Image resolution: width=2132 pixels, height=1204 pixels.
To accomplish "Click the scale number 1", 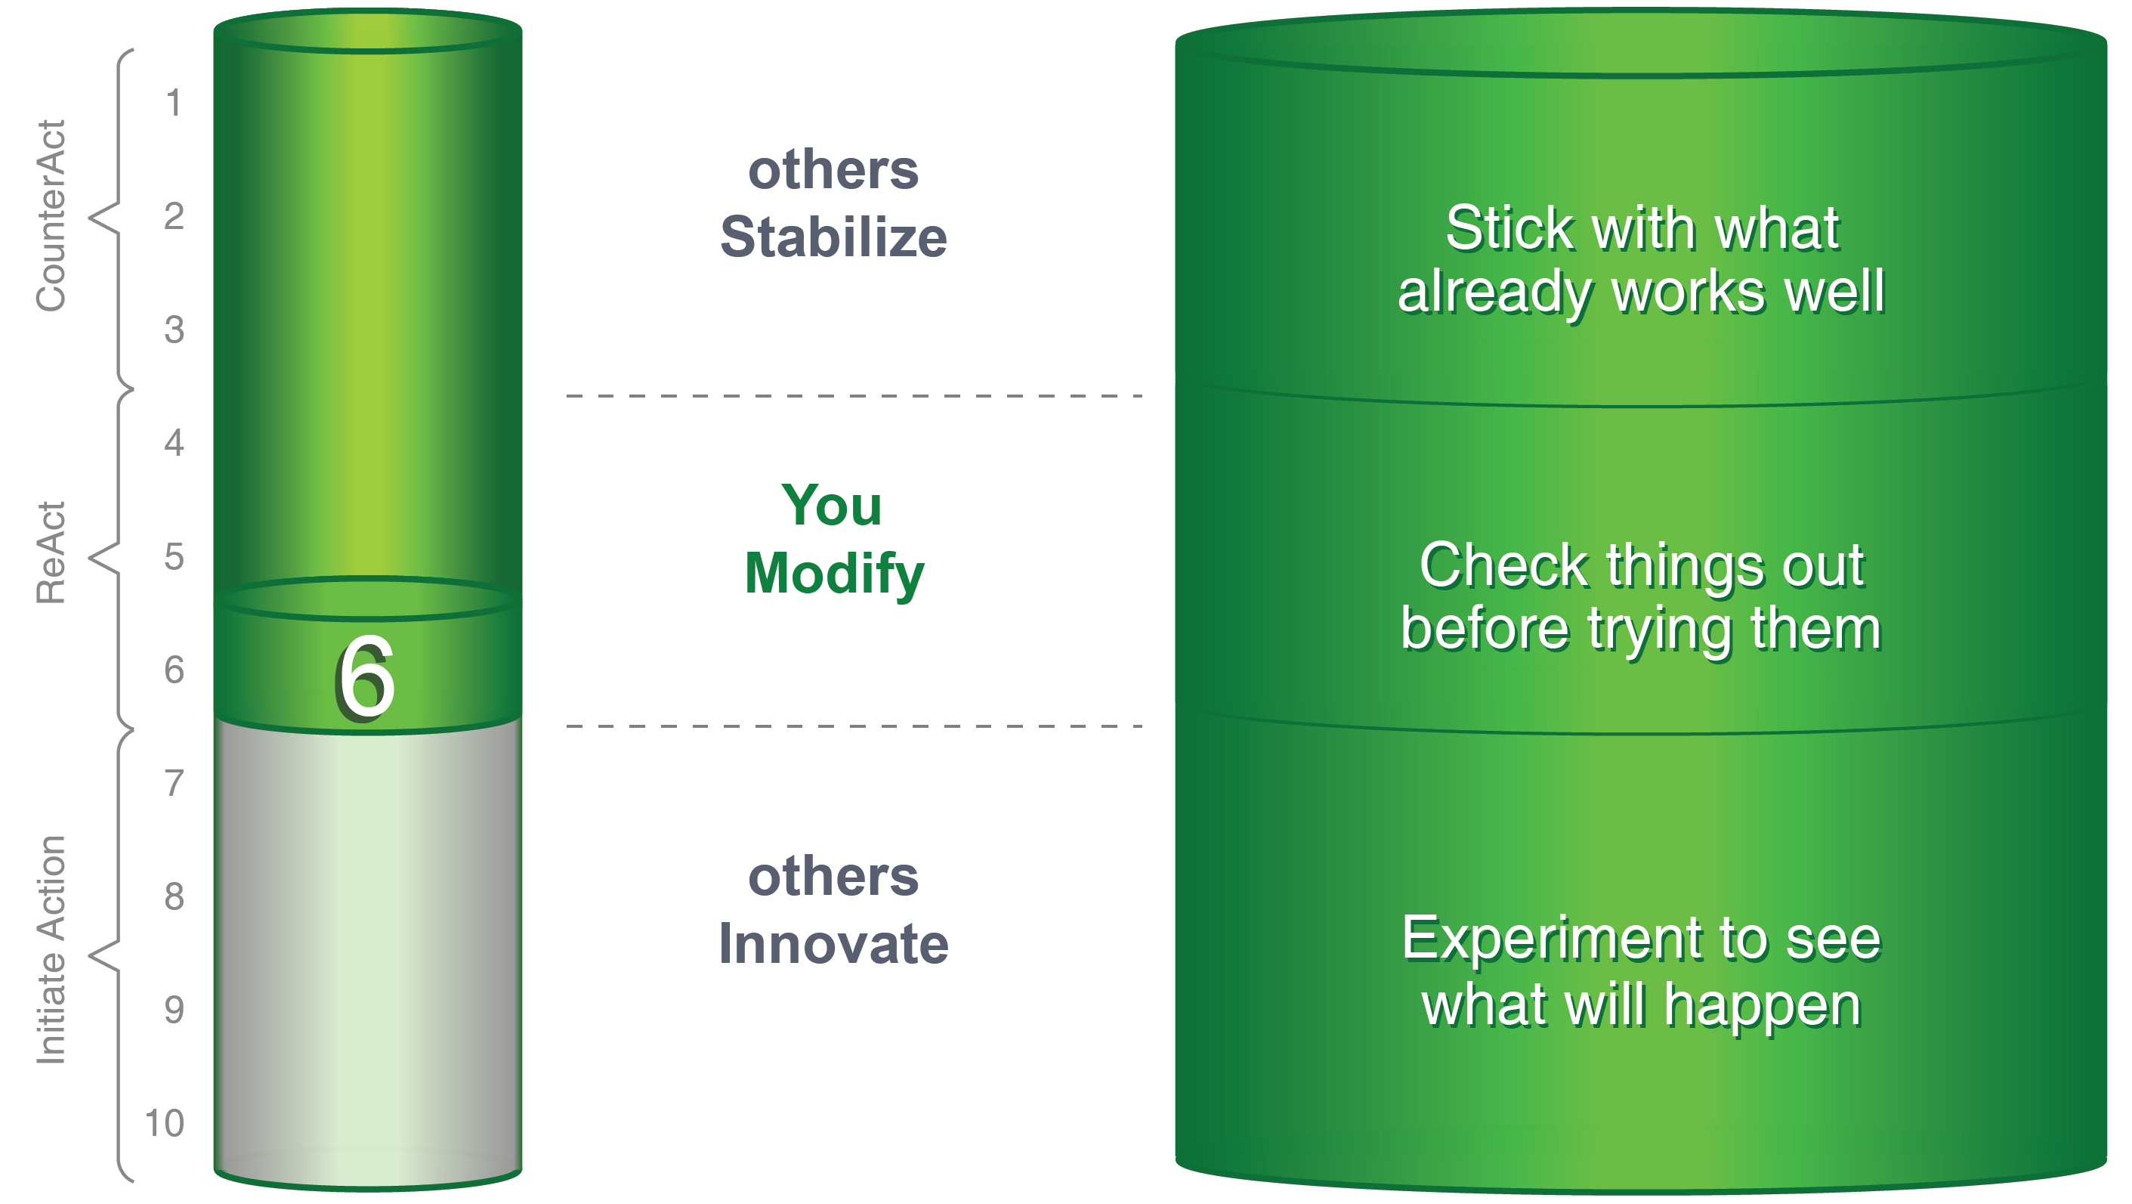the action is point(174,103).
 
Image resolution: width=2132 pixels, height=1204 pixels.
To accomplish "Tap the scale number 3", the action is point(174,330).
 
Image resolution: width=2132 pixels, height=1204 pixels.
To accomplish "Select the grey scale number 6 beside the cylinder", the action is point(174,670).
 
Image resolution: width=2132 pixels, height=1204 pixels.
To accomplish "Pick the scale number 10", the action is point(164,1123).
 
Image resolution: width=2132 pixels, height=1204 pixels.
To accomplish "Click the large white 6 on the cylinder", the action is point(366,677).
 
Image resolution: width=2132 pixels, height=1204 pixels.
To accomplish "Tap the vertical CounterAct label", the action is point(51,216).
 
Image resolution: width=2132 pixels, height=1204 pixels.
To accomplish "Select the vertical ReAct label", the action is point(51,552).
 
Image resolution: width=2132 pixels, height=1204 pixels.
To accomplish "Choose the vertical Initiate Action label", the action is point(51,950).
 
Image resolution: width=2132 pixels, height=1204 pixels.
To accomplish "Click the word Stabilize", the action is point(833,237).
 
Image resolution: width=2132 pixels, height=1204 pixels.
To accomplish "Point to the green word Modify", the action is point(834,574).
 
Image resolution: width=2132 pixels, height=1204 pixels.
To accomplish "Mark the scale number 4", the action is point(174,443).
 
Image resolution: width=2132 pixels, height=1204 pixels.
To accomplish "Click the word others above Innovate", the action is point(833,877).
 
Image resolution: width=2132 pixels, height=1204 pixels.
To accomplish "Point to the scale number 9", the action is point(174,1010).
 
